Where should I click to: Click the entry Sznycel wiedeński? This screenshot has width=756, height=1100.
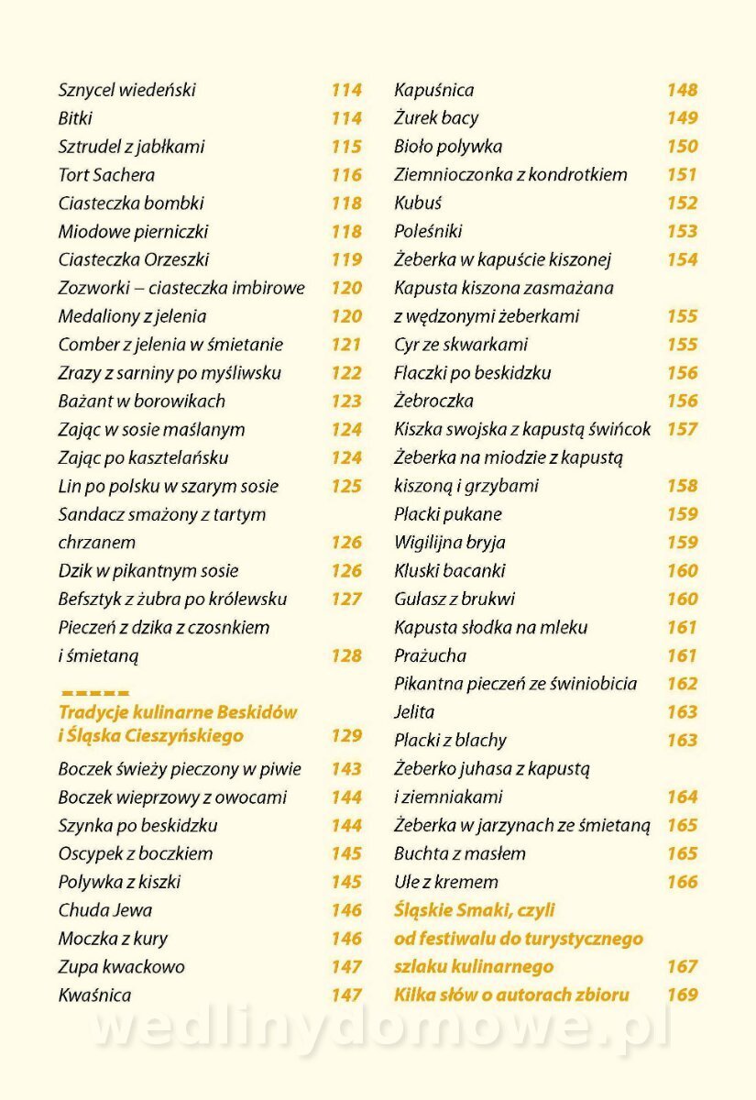pos(127,91)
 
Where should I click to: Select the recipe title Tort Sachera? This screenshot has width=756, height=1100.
pos(106,175)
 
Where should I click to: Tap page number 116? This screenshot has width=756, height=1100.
pos(346,175)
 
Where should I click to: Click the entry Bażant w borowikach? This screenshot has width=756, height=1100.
pos(141,401)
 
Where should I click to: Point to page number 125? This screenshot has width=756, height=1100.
pos(346,487)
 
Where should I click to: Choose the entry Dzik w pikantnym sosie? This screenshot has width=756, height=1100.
pos(148,571)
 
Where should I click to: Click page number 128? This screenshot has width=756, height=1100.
pos(346,656)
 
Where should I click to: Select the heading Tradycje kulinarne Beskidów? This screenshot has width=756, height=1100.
pos(178,712)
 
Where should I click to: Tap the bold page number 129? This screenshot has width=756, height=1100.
pos(346,736)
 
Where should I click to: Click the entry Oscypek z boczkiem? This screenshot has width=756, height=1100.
pos(136,854)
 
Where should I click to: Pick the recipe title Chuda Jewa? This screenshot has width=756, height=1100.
pos(105,911)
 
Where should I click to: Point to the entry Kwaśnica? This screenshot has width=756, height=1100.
pos(94,995)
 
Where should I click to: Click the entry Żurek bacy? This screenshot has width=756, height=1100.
pos(436,118)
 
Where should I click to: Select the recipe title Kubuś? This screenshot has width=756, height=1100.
pos(418,203)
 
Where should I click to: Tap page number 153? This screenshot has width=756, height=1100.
pos(682,232)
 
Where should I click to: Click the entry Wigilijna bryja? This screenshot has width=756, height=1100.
pos(450,543)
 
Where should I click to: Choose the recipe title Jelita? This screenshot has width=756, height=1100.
pos(414,712)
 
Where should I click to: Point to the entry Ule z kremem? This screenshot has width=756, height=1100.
pos(446,883)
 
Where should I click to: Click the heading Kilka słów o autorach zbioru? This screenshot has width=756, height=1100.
pos(511,995)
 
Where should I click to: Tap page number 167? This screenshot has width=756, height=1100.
pos(682,967)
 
